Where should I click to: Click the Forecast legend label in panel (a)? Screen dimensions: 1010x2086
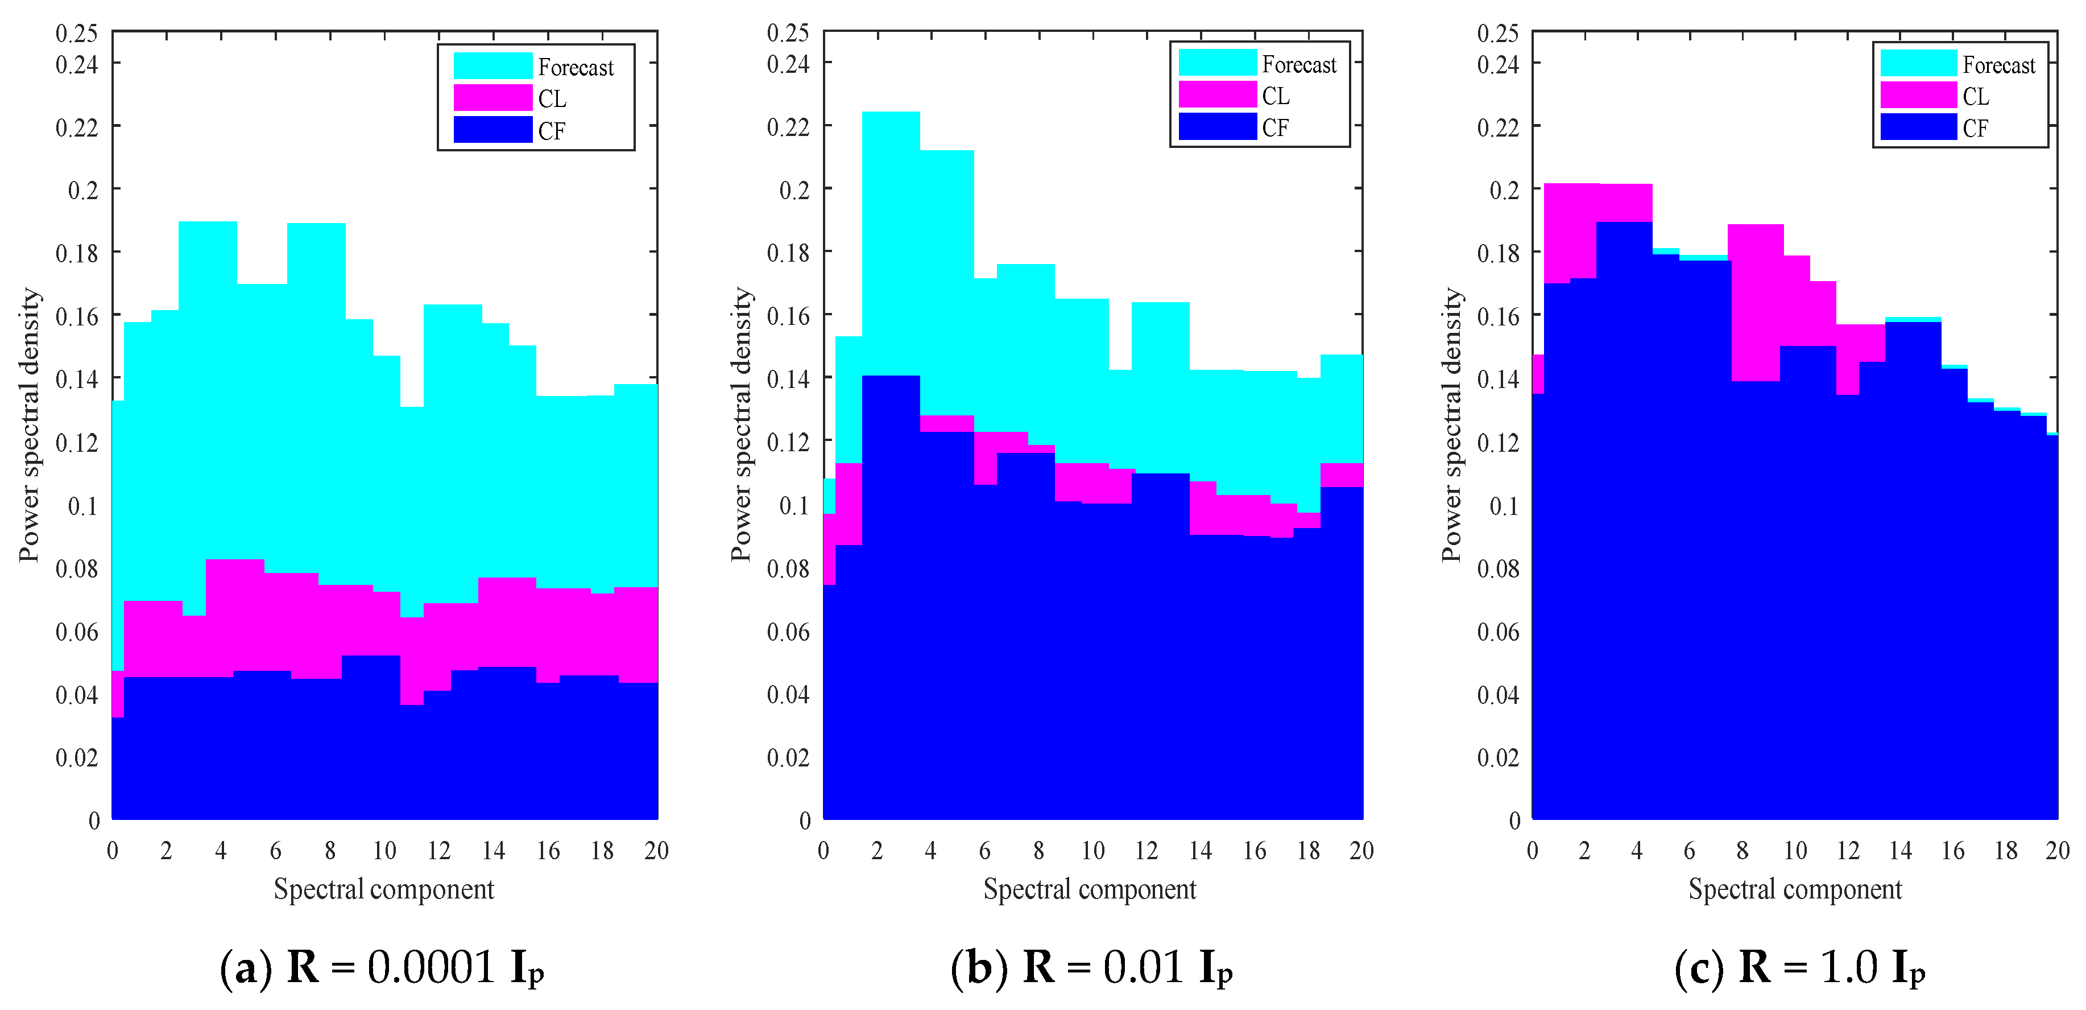pyautogui.click(x=575, y=67)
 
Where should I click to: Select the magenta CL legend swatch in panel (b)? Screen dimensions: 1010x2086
pyautogui.click(x=1216, y=95)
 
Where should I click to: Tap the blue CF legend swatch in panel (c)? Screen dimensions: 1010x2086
pyautogui.click(x=1918, y=127)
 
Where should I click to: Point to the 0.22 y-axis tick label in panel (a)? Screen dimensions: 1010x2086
pyautogui.click(x=76, y=127)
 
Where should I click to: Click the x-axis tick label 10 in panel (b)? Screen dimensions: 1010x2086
pyautogui.click(x=1092, y=851)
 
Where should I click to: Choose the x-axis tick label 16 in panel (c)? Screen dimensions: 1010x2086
pyautogui.click(x=1952, y=851)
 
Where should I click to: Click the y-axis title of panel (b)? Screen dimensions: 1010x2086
pyautogui.click(x=741, y=424)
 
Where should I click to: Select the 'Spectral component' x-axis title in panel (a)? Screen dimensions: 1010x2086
pyautogui.click(x=384, y=889)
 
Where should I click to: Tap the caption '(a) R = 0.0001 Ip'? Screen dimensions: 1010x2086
pyautogui.click(x=382, y=967)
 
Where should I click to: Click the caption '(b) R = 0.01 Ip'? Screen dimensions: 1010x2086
pyautogui.click(x=1091, y=967)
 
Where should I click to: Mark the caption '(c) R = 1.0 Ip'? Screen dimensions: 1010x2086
pyautogui.click(x=1799, y=967)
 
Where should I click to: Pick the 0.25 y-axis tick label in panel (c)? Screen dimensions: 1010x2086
pyautogui.click(x=1497, y=33)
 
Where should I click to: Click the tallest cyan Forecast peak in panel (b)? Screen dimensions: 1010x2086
pyautogui.click(x=891, y=243)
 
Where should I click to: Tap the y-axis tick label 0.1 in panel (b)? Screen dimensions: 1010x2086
pyautogui.click(x=793, y=505)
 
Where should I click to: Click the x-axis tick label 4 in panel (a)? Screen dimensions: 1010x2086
pyautogui.click(x=220, y=851)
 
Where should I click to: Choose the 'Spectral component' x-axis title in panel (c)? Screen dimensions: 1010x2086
pyautogui.click(x=1794, y=889)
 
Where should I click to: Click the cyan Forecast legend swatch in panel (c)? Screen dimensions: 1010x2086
pyautogui.click(x=1918, y=63)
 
